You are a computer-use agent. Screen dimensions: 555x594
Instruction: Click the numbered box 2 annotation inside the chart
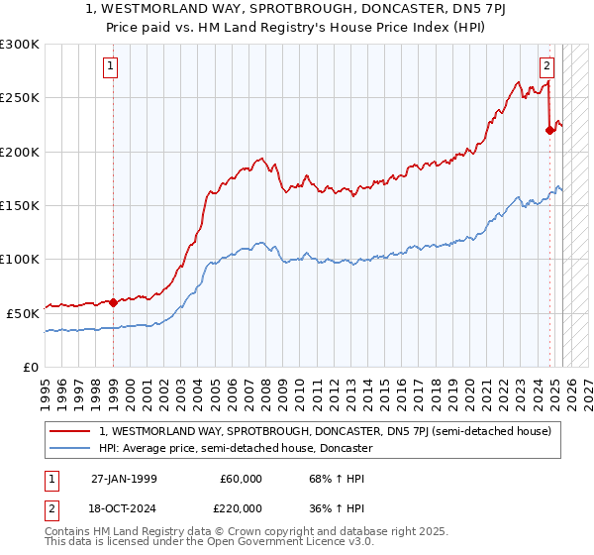546,67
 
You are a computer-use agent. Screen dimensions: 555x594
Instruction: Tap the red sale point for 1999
113,302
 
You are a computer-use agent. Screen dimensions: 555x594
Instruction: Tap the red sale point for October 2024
549,130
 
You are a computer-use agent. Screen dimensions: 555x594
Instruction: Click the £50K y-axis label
24,312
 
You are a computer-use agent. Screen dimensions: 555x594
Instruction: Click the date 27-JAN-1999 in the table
124,479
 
